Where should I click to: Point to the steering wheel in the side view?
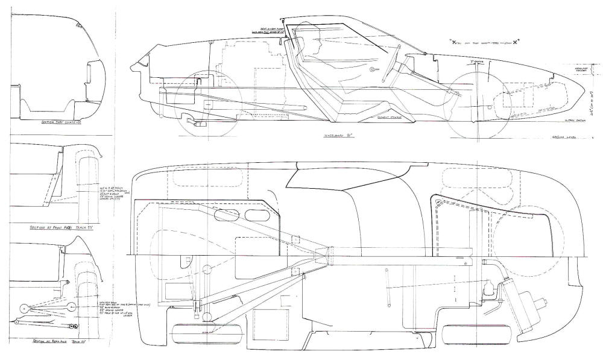[x=394, y=63]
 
